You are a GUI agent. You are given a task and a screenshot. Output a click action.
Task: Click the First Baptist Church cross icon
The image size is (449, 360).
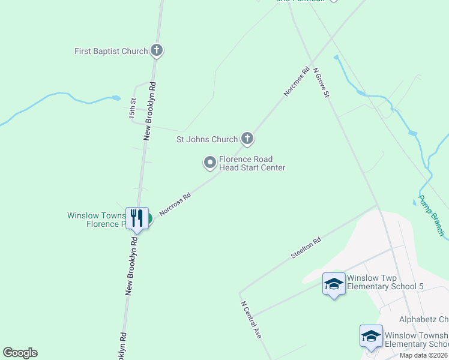pyautogui.click(x=157, y=51)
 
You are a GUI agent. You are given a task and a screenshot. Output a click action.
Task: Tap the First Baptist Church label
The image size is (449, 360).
pyautogui.click(x=111, y=52)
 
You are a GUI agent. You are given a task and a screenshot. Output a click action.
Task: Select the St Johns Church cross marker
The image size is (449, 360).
pyautogui.click(x=247, y=139)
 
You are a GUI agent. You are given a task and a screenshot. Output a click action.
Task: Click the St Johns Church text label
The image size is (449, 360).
pyautogui.click(x=206, y=140)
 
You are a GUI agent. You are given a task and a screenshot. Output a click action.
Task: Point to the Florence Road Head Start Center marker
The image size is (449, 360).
pyautogui.click(x=210, y=162)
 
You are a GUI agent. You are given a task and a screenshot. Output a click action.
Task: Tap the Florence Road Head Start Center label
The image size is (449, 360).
pyautogui.click(x=252, y=163)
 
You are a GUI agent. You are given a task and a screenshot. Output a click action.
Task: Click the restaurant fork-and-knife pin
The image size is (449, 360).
pyautogui.click(x=137, y=218)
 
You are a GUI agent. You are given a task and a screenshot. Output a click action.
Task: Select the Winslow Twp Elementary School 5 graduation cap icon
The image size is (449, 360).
pyautogui.click(x=334, y=284)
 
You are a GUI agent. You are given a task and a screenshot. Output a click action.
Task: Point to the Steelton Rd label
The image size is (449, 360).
pyautogui.click(x=306, y=247)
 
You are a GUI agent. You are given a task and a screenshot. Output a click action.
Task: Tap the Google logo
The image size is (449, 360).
pyautogui.click(x=20, y=353)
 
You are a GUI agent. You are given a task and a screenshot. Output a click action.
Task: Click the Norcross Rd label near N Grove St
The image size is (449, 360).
pyautogui.click(x=297, y=82)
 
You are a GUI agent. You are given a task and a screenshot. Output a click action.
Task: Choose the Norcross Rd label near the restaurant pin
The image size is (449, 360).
pyautogui.click(x=175, y=204)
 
